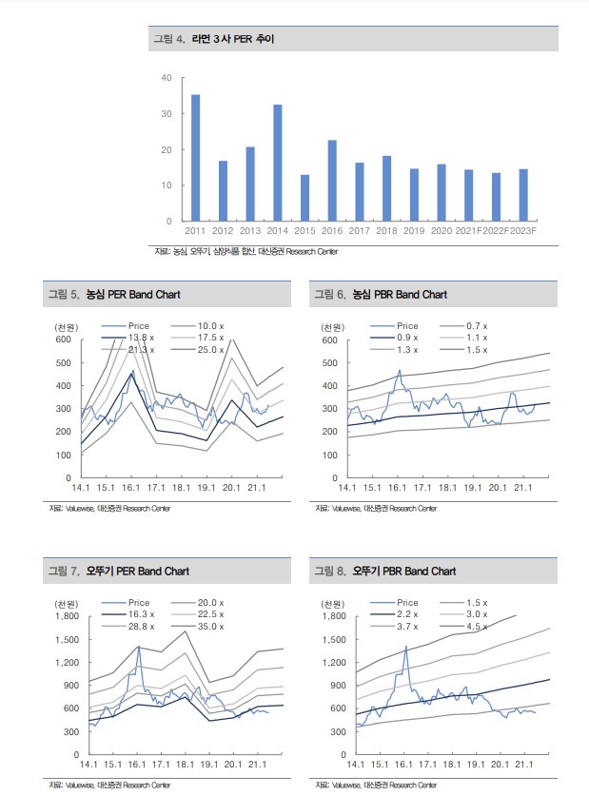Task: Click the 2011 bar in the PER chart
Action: pos(195,158)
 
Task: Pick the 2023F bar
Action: pos(523,195)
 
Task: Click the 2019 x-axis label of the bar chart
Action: pos(414,231)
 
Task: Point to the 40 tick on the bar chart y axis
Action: pos(167,78)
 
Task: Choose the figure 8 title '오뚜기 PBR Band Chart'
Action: pos(404,572)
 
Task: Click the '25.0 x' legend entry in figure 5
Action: pos(210,349)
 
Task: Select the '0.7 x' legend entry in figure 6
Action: pos(477,326)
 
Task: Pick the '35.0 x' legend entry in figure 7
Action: pos(210,626)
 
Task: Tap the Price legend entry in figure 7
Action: pos(139,603)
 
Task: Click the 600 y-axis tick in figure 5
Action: pos(63,339)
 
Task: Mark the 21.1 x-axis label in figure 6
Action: pos(522,488)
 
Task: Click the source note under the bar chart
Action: pos(245,251)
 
